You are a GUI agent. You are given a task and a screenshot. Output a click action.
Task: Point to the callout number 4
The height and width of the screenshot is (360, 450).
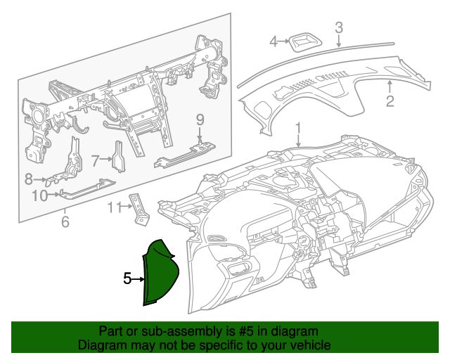pos(274,42)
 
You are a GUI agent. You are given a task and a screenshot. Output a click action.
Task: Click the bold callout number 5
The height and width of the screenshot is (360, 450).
pos(127,278)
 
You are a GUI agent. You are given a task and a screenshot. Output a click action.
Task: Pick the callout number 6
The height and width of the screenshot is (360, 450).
pos(65,223)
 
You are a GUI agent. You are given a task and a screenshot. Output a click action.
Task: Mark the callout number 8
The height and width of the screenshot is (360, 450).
pos(29,179)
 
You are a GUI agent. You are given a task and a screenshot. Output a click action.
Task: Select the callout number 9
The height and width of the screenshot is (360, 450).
pos(200,119)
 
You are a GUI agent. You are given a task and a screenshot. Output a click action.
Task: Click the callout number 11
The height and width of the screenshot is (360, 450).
pos(115,207)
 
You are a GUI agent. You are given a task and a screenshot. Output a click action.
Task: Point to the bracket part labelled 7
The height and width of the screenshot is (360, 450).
pos(118,158)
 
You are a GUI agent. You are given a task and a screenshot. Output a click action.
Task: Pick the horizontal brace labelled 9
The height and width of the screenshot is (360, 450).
pos(185,155)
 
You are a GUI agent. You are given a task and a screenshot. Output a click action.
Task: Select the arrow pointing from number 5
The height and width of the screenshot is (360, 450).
pos(139,279)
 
